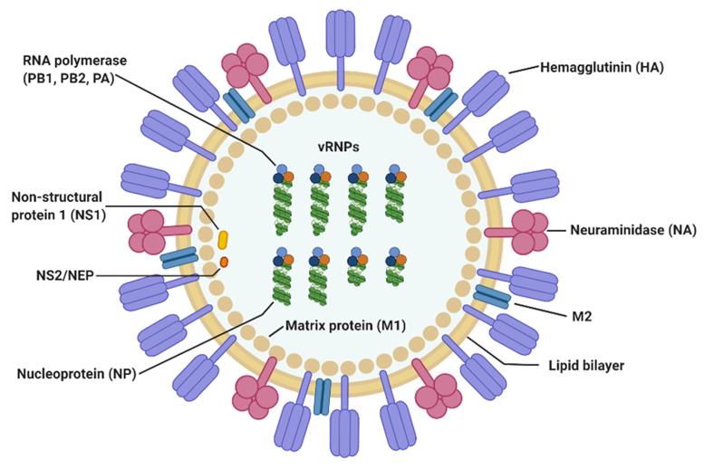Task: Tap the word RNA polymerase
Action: (x=75, y=62)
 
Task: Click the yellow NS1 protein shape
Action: (x=222, y=239)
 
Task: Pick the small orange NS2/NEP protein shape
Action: (x=223, y=263)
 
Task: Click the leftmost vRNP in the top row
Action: (x=284, y=195)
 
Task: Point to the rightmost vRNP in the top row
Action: (x=396, y=195)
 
